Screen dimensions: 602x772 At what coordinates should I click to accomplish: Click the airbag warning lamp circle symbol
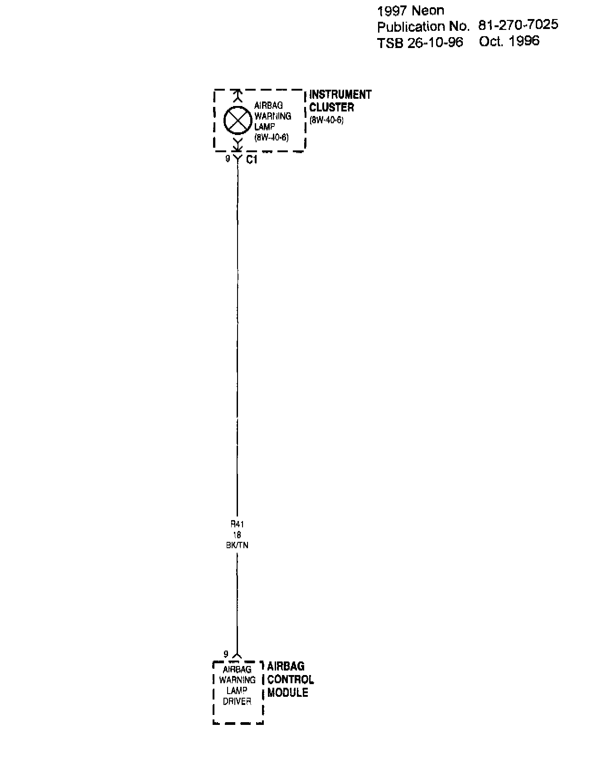coord(238,120)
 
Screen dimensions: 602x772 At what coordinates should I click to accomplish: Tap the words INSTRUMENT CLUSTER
coord(340,101)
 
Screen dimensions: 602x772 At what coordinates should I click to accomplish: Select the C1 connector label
coord(252,160)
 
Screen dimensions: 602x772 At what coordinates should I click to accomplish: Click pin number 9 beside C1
coord(228,159)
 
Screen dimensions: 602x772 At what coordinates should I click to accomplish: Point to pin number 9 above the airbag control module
coord(226,654)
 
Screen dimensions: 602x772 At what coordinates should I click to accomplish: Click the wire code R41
coord(237,524)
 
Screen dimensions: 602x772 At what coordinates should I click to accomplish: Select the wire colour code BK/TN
coord(237,545)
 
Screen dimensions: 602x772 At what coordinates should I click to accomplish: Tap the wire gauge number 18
coord(237,535)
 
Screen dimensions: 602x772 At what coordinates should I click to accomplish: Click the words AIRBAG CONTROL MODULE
coord(290,680)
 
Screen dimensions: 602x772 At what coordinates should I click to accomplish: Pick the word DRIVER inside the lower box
coord(237,702)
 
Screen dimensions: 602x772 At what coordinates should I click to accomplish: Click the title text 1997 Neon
coord(411,11)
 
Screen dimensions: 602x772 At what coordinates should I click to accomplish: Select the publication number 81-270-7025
coord(518,25)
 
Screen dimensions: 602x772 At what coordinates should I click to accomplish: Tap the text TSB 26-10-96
coord(420,43)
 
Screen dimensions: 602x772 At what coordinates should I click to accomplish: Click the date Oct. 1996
coord(509,41)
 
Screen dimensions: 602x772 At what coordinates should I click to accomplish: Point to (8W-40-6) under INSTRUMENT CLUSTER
coord(326,121)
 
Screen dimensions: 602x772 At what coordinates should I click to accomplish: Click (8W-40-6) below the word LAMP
coord(272,138)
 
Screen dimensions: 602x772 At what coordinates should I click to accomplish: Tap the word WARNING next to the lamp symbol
coord(272,116)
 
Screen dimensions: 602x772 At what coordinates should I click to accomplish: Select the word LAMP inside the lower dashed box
coord(237,691)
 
